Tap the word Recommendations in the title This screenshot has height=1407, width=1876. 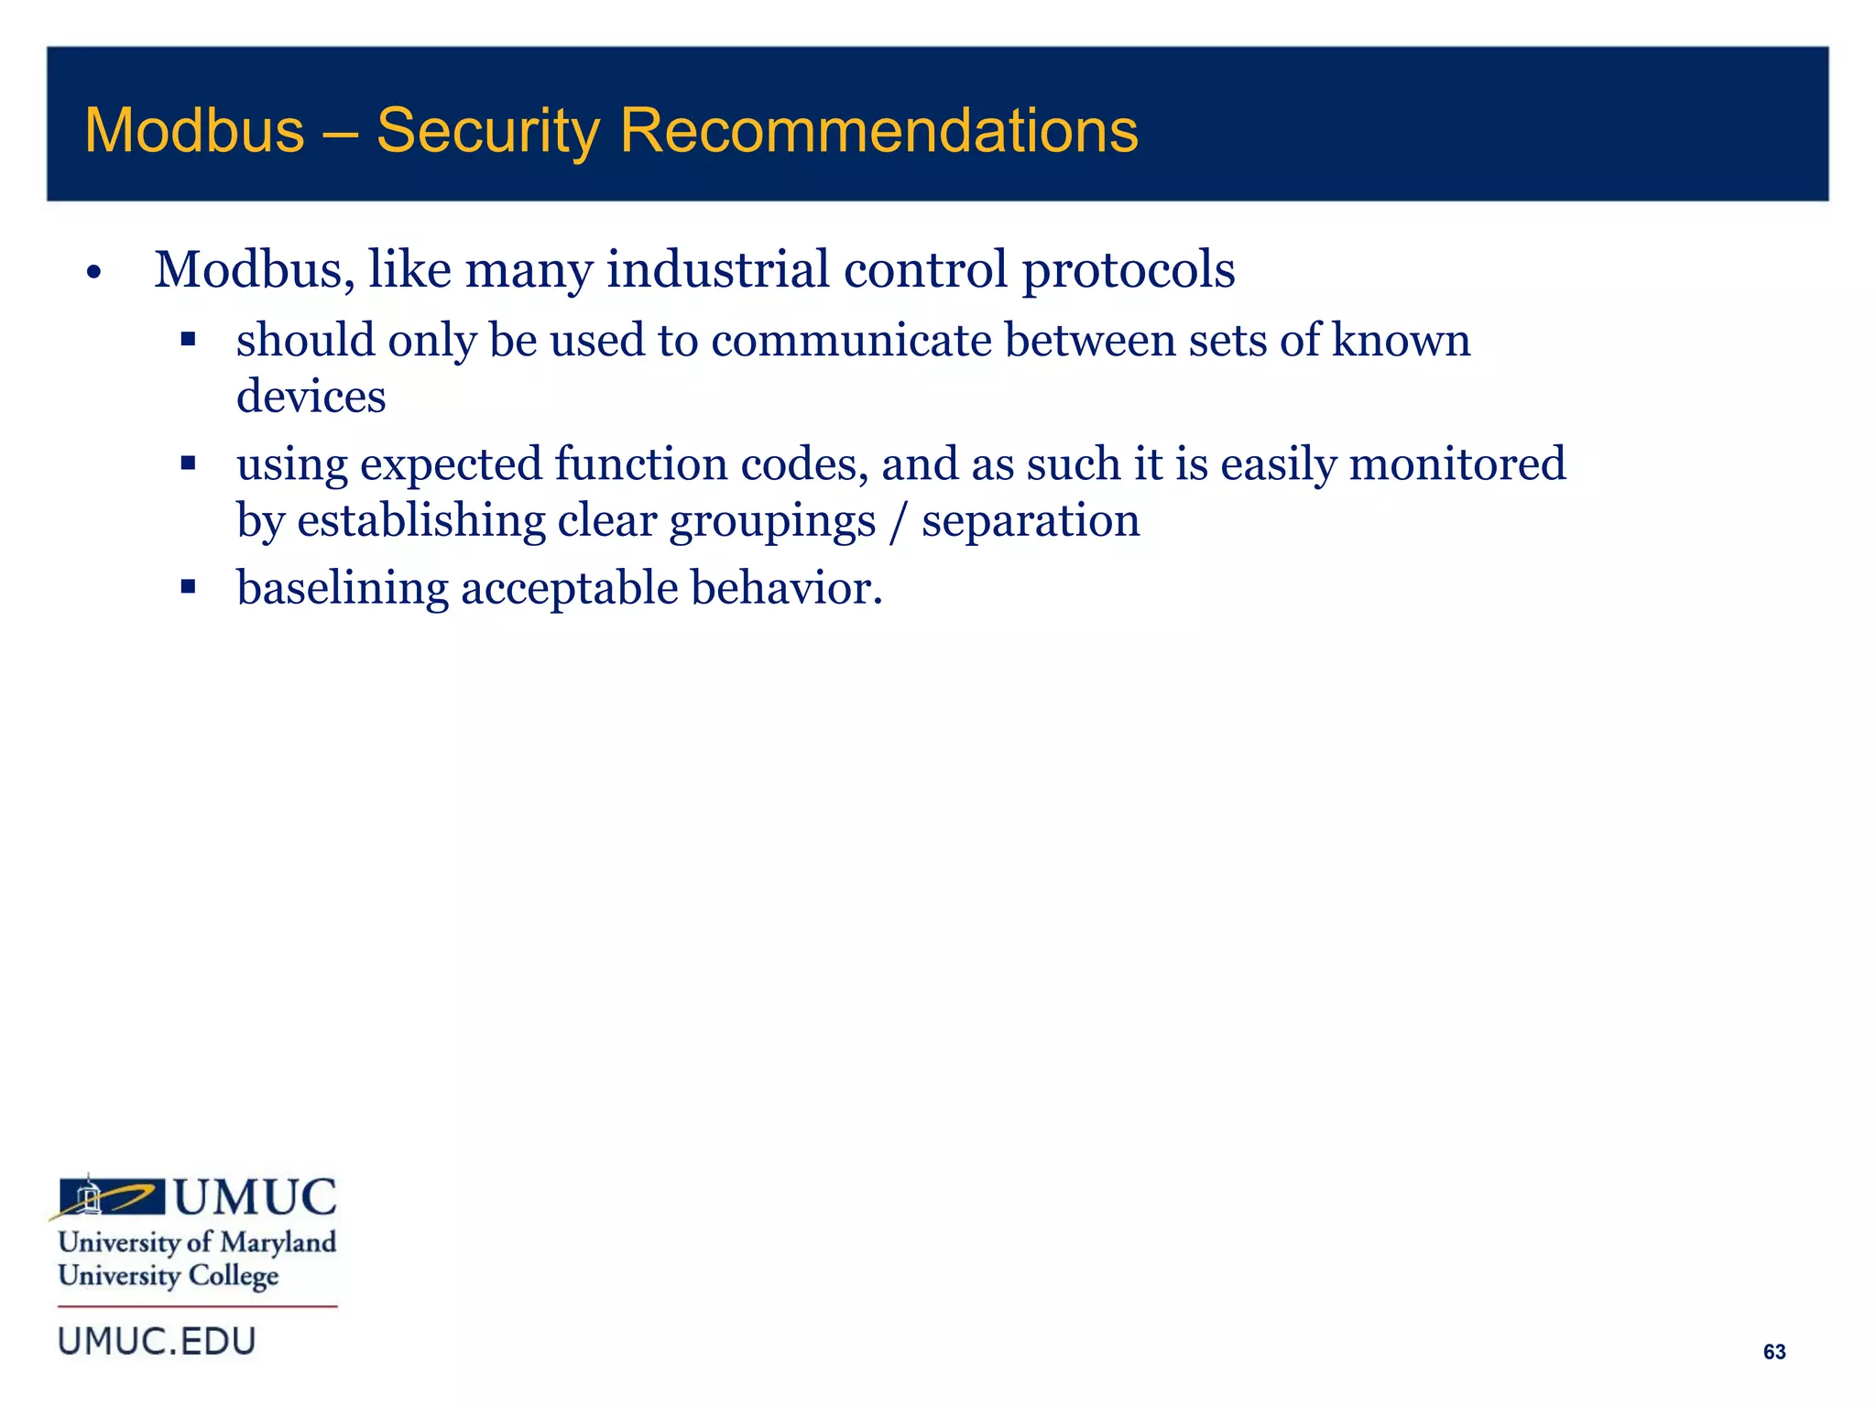click(878, 131)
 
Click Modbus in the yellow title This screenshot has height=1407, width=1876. click(194, 131)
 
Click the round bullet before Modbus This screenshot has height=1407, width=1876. click(93, 273)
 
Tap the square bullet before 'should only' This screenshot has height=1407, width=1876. click(189, 340)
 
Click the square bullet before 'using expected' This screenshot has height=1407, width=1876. click(189, 464)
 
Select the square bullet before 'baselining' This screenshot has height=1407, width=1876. click(189, 587)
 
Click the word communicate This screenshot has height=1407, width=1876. click(851, 341)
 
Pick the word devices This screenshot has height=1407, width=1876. click(311, 397)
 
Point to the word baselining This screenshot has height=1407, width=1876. click(342, 588)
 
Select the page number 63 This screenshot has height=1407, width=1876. click(1773, 1352)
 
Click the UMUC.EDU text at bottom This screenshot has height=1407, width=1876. click(157, 1342)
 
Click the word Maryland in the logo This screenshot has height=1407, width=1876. click(278, 1242)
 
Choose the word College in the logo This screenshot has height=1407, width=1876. click(233, 1276)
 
